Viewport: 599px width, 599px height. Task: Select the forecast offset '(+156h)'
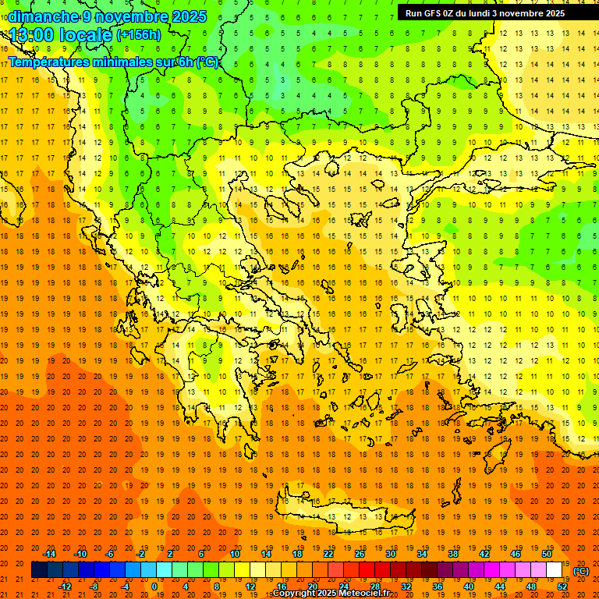[139, 35]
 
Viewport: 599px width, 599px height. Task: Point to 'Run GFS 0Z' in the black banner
[432, 13]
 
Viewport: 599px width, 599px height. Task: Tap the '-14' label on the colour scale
[49, 554]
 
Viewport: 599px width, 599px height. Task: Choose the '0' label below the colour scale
[154, 587]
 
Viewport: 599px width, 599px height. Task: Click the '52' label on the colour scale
[562, 587]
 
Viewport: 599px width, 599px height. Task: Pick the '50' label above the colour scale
[547, 554]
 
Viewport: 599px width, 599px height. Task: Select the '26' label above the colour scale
[360, 554]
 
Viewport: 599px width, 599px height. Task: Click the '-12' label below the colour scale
[65, 587]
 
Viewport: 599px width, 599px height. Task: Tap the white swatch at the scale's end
[554, 570]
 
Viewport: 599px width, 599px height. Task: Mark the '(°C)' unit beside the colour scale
[581, 571]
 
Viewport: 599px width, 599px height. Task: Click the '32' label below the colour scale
[406, 587]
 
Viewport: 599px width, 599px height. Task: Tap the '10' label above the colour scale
[235, 554]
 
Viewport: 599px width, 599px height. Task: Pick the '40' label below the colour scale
[469, 587]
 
